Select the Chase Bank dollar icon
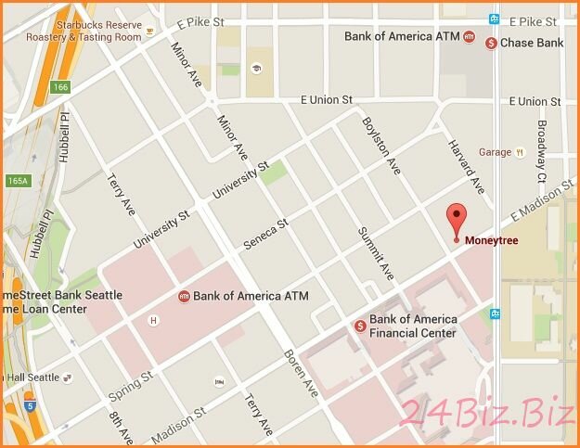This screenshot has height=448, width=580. coord(491,43)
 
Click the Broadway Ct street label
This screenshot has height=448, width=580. coord(541,148)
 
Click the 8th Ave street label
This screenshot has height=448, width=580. coord(119,428)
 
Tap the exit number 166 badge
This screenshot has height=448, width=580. coord(60,87)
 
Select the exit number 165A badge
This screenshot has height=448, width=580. coord(17,180)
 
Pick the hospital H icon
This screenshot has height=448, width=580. coord(154,321)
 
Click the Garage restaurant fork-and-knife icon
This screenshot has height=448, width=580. coord(521,152)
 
